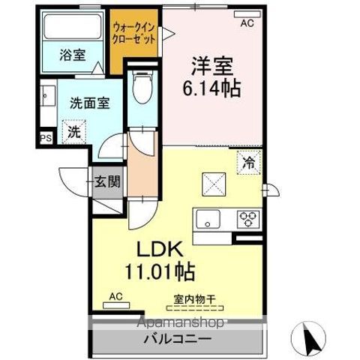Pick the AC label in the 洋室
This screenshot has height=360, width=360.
click(x=246, y=23)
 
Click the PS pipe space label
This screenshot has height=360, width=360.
click(x=44, y=138)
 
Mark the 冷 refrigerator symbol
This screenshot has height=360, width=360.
click(x=247, y=160)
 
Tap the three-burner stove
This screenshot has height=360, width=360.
click(x=247, y=219)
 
